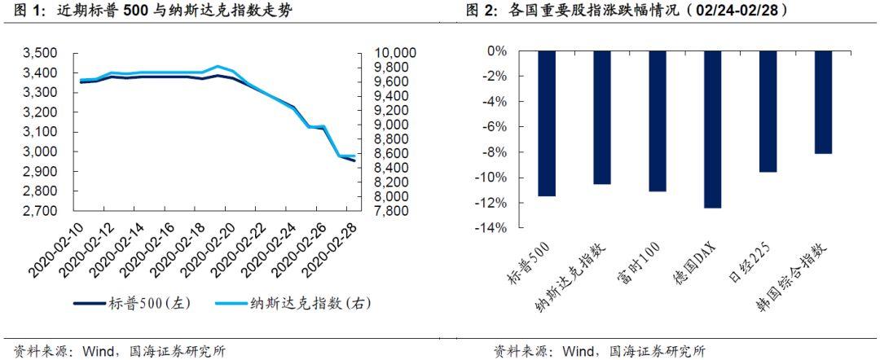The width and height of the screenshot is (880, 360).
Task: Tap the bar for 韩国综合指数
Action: (823, 102)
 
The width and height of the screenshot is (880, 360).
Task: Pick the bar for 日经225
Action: (768, 111)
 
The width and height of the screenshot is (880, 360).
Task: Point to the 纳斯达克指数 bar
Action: (601, 117)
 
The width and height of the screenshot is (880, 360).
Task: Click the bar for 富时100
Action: (657, 121)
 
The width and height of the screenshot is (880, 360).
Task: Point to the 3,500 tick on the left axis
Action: (40, 54)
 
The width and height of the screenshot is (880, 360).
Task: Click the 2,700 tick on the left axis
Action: (40, 211)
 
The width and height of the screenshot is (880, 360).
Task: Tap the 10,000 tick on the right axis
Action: (394, 54)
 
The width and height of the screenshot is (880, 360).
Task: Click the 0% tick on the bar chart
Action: (495, 50)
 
